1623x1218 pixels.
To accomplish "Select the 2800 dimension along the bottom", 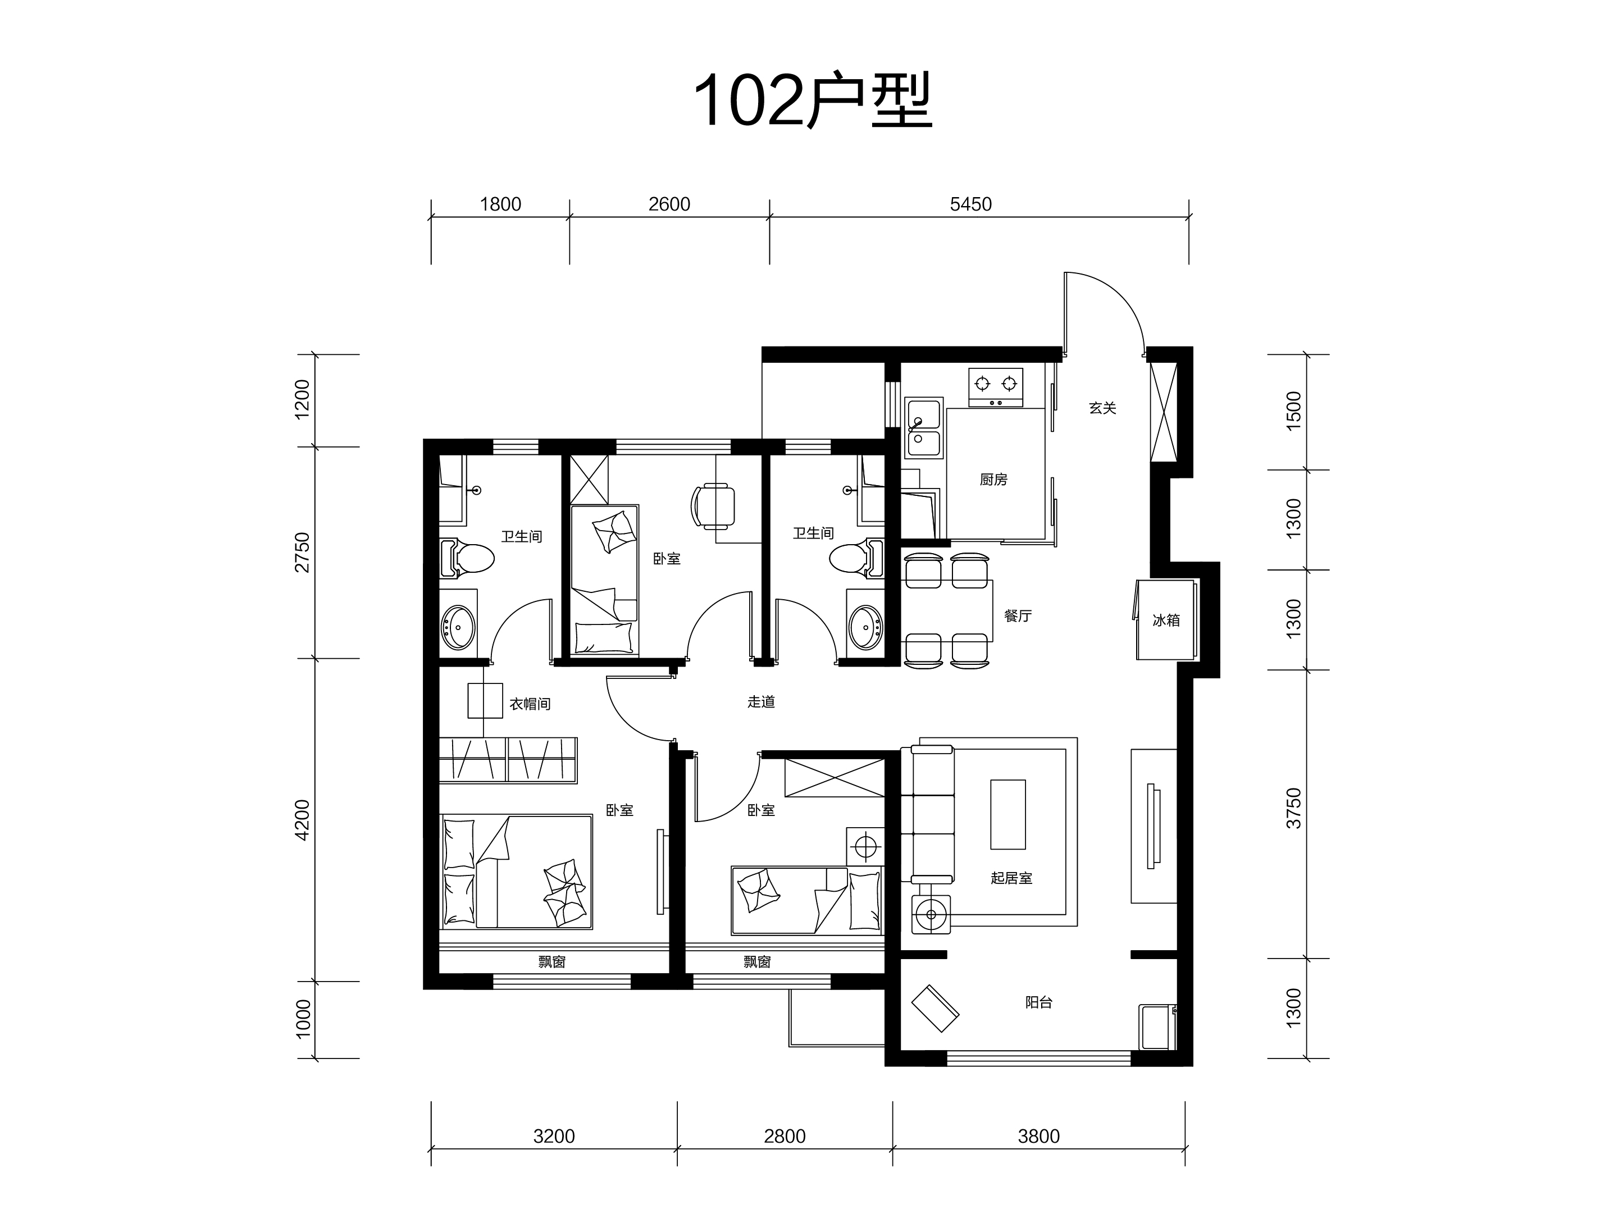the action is click(785, 1136).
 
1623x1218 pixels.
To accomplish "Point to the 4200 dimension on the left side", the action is click(302, 820).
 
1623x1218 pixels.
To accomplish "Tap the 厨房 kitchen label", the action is click(993, 480).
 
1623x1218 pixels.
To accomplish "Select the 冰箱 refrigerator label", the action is click(1166, 620).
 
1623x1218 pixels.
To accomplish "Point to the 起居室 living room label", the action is click(1011, 878).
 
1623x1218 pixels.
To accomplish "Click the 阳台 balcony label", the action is click(1039, 1002).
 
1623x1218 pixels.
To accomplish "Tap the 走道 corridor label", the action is click(761, 702).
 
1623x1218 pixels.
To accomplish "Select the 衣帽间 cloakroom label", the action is click(530, 704).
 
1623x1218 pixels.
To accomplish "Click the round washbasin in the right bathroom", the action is click(867, 627).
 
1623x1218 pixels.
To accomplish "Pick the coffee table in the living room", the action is click(1008, 814).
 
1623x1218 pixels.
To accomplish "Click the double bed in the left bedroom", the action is click(517, 872).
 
